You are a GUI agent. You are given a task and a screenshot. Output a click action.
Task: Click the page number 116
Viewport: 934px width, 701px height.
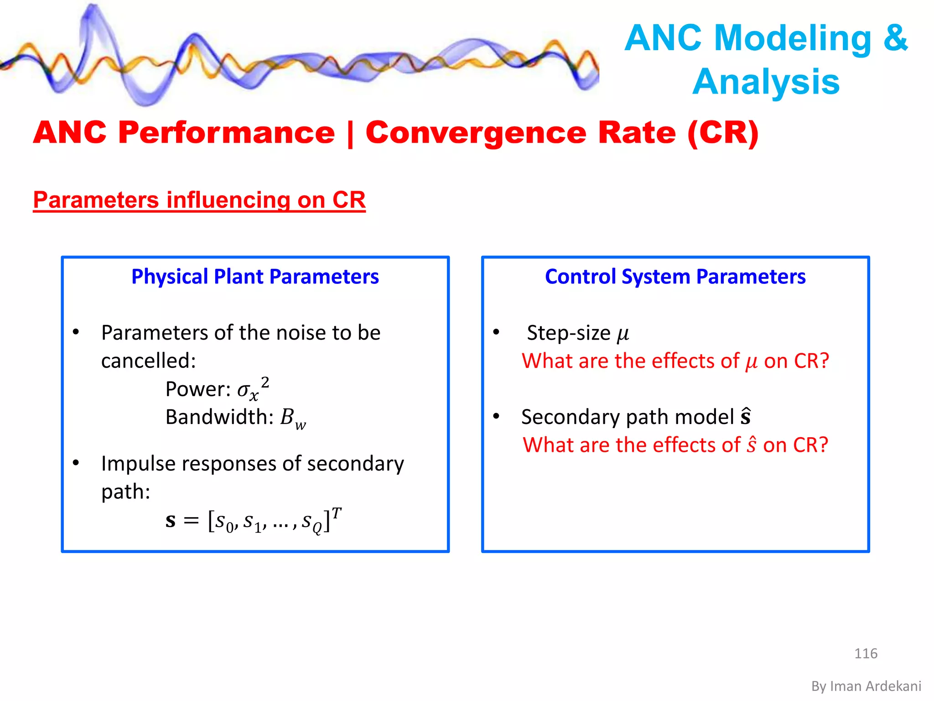tap(866, 653)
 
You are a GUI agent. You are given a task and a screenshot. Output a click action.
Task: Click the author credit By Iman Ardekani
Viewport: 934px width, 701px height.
tap(866, 686)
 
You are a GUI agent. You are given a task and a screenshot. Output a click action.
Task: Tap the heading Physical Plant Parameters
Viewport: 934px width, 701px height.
tap(255, 277)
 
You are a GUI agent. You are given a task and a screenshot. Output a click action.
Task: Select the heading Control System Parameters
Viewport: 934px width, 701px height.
tap(675, 277)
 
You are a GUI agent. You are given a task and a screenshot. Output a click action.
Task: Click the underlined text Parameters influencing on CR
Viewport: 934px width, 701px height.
tap(199, 200)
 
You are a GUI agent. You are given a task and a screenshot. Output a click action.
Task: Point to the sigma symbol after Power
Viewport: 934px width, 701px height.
tap(244, 389)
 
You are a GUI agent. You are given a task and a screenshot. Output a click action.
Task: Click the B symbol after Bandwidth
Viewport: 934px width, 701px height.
tap(287, 417)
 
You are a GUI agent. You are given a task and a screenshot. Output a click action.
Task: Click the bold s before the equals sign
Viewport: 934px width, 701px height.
tap(171, 521)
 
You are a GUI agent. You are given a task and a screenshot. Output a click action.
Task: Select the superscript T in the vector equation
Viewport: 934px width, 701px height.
tap(337, 513)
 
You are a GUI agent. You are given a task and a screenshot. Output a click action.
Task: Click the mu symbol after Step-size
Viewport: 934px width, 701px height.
tap(623, 334)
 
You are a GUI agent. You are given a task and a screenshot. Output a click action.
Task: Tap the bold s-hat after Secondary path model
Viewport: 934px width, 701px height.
tap(746, 416)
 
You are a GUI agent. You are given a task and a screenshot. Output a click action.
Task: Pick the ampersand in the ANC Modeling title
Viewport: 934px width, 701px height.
tap(895, 37)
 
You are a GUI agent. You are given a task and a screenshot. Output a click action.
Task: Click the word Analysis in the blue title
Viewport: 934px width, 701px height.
tap(766, 82)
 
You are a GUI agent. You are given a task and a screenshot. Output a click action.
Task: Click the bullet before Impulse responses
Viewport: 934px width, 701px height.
tap(76, 463)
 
